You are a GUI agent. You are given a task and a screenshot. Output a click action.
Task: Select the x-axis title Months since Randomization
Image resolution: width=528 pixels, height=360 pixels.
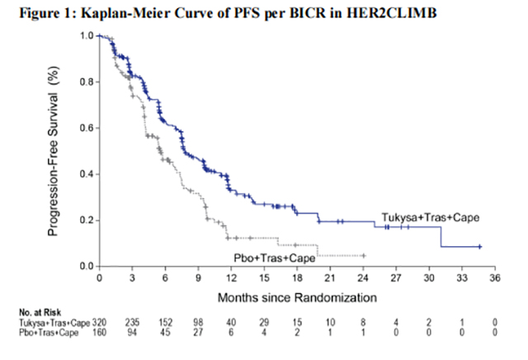[x=297, y=295]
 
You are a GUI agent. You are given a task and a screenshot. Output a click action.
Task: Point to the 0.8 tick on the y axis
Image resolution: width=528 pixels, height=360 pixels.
[x=87, y=82]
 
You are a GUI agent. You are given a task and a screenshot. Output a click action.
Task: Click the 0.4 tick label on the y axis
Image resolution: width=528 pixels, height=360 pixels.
[x=87, y=174]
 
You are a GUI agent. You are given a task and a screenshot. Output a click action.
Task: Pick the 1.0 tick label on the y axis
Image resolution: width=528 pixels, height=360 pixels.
[x=87, y=36]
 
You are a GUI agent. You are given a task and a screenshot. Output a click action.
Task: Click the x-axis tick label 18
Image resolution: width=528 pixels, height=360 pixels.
[x=296, y=278]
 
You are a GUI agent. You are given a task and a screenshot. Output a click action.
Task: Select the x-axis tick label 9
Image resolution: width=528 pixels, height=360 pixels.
[x=198, y=278]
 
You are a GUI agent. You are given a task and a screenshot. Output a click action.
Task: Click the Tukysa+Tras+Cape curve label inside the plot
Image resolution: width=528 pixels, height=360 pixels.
[x=431, y=217]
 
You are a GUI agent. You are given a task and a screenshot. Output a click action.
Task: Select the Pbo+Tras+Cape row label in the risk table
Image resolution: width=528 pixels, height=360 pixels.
[x=48, y=332]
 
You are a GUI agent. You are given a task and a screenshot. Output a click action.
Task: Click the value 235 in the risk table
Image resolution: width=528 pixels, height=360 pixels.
[x=132, y=321]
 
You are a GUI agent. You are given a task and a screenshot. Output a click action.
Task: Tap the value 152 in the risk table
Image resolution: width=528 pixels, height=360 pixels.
[x=165, y=321]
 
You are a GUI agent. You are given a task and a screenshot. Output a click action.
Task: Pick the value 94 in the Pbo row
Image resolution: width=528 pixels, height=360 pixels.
[x=132, y=332]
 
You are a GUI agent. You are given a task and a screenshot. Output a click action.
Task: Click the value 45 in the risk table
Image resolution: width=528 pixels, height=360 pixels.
[x=165, y=332]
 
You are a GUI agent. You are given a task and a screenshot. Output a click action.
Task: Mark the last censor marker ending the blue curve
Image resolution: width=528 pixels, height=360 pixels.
[x=480, y=247]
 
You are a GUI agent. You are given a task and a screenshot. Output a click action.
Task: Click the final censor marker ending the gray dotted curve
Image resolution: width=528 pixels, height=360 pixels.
[x=363, y=256]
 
